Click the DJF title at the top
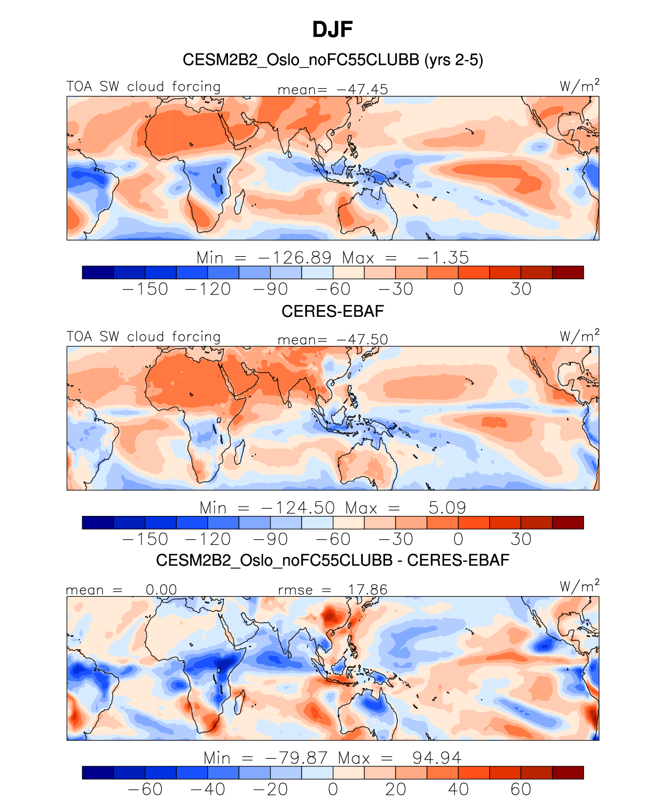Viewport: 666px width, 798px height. pyautogui.click(x=333, y=30)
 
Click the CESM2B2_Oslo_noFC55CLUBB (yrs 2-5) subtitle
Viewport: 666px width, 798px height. pyautogui.click(x=333, y=60)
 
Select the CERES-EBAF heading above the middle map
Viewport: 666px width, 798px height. pyautogui.click(x=333, y=311)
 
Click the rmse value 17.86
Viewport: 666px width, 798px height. pyautogui.click(x=367, y=590)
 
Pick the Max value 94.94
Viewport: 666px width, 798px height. pyautogui.click(x=436, y=758)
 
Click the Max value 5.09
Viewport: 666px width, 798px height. pyautogui.click(x=447, y=508)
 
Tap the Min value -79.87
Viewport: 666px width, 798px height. pyautogui.click(x=296, y=758)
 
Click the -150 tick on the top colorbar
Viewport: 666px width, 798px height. pyautogui.click(x=145, y=289)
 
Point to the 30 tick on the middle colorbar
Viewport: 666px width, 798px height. pyautogui.click(x=521, y=539)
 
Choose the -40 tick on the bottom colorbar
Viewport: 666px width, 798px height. pyautogui.click(x=208, y=789)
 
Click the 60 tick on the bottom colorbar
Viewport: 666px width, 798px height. pyautogui.click(x=521, y=789)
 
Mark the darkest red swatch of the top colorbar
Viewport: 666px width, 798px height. pyautogui.click(x=568, y=273)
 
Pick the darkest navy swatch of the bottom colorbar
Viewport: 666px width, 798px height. pyautogui.click(x=98, y=773)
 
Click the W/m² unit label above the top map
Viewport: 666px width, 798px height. pyautogui.click(x=579, y=86)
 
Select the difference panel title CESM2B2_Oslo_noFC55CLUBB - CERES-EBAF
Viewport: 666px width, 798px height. pyautogui.click(x=333, y=561)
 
